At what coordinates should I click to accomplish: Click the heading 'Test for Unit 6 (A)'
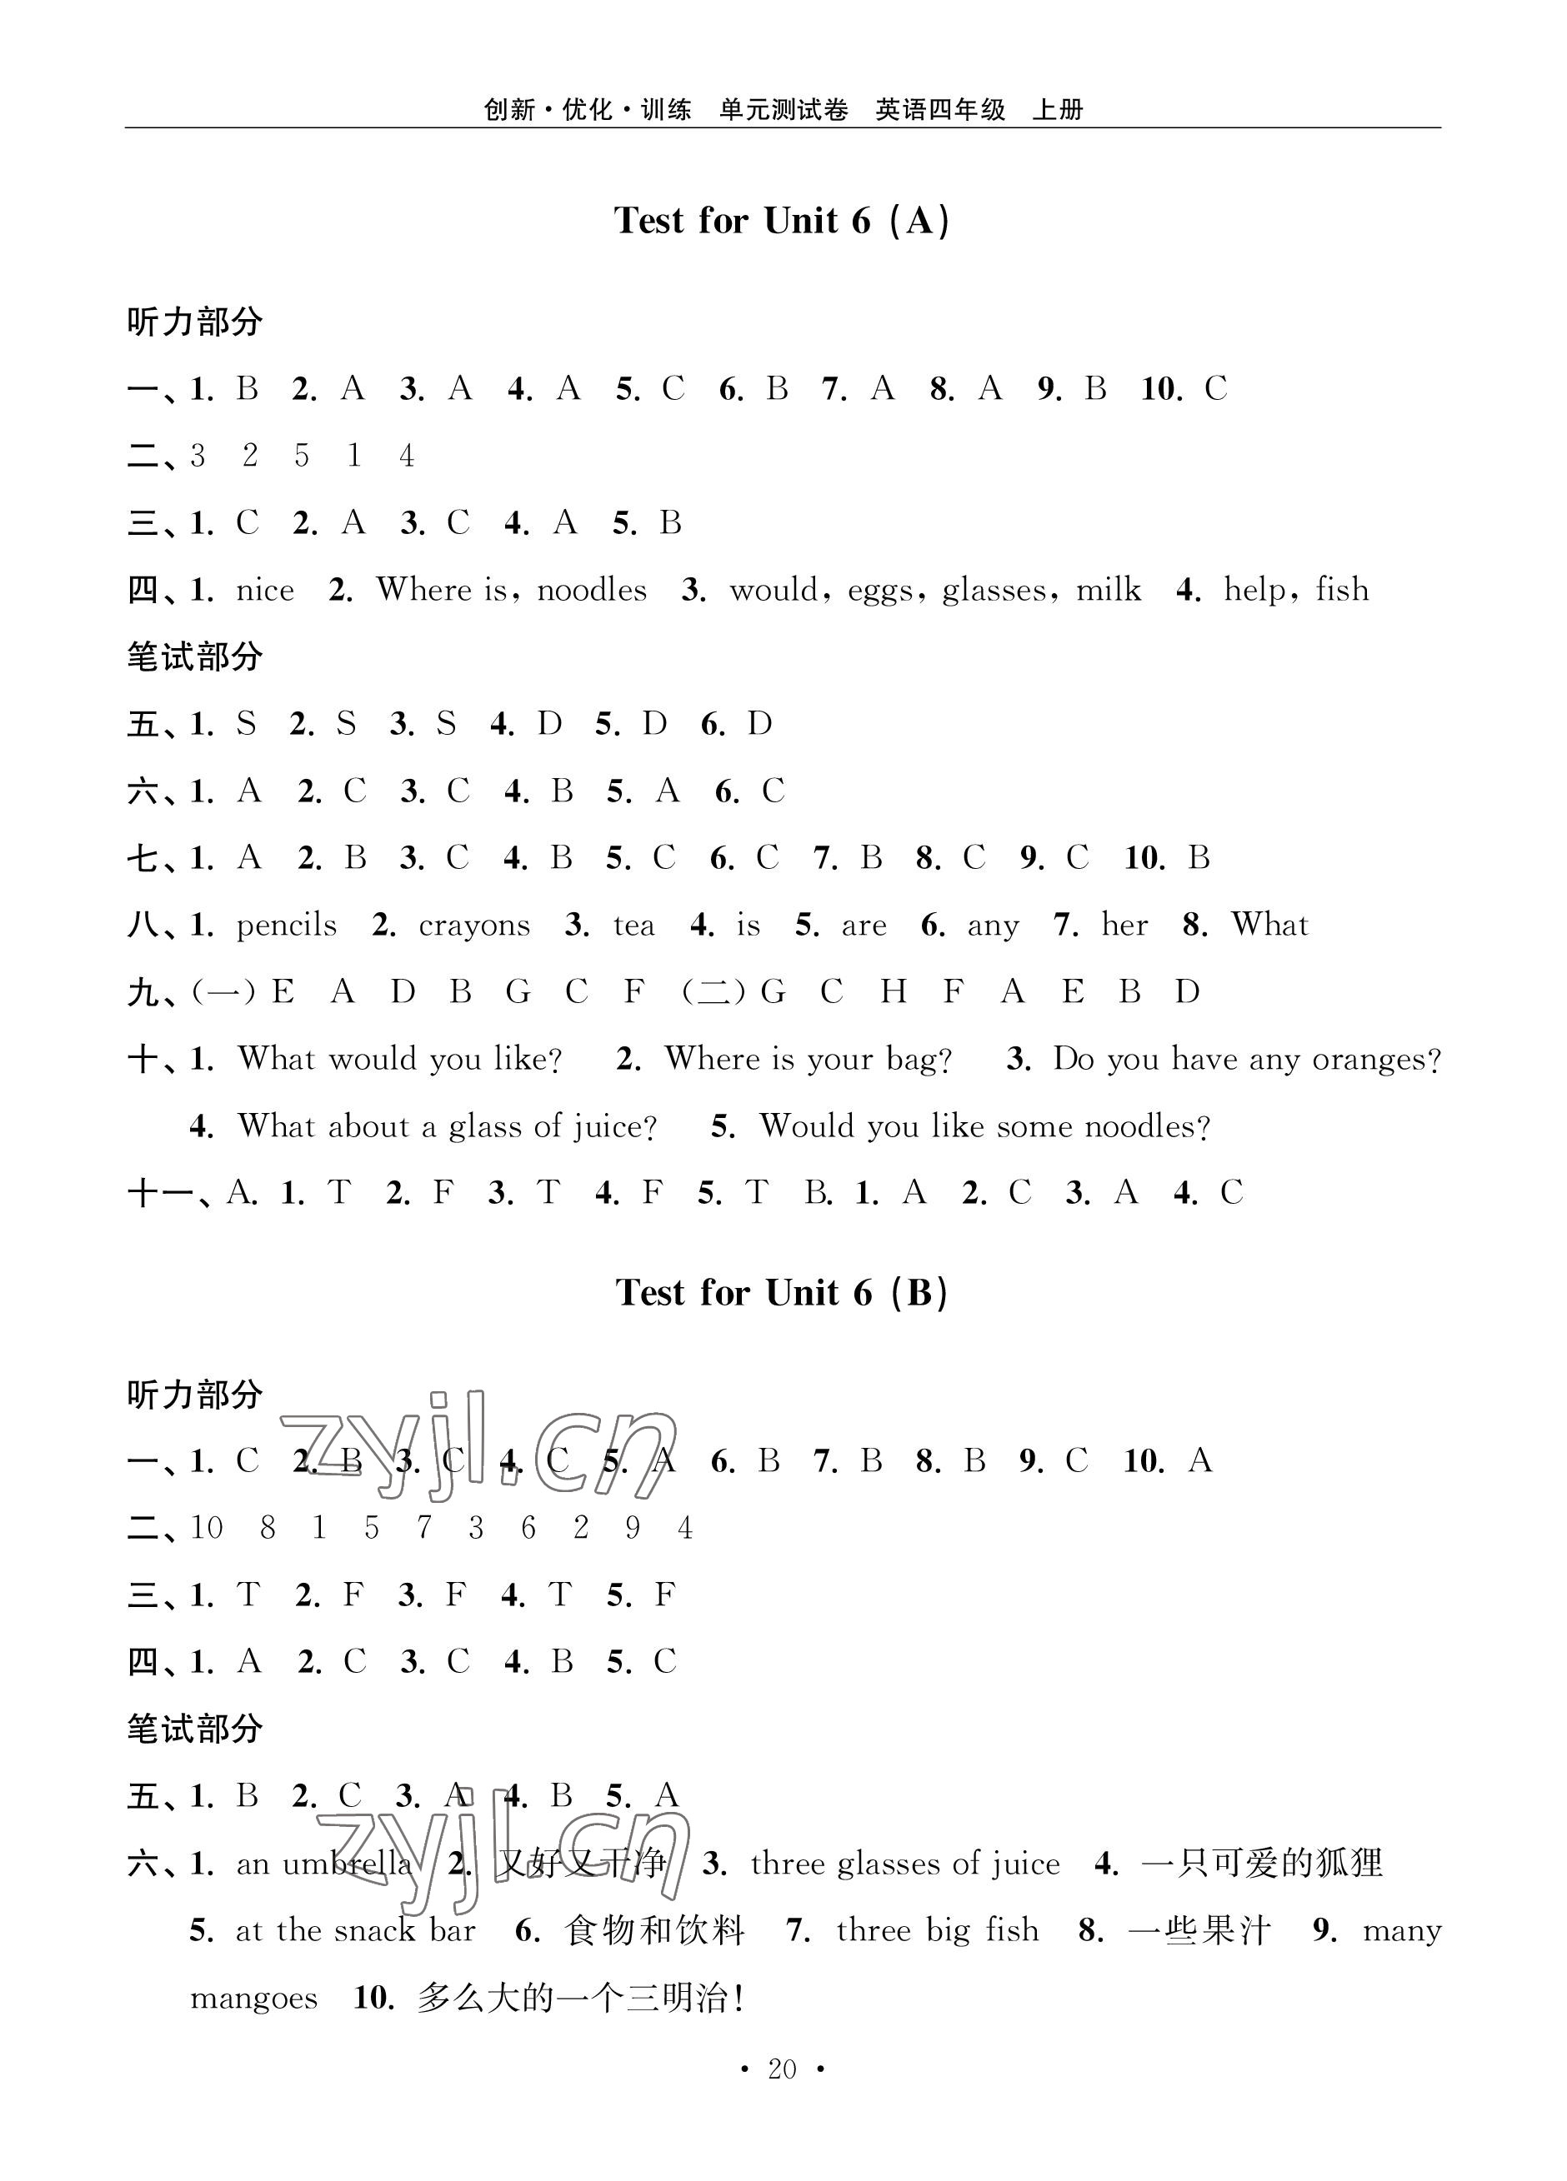[x=782, y=221]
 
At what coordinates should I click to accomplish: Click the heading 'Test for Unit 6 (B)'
[x=782, y=1294]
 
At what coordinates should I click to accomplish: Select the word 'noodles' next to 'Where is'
[x=592, y=591]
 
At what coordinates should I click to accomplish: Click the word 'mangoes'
[x=254, y=1999]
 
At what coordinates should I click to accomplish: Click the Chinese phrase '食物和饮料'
[x=655, y=1931]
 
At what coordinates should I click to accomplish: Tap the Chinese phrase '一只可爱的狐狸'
[x=1261, y=1864]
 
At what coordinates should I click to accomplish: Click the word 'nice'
[x=266, y=591]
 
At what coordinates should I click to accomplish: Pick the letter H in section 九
[x=893, y=992]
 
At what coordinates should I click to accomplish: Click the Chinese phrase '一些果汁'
[x=1199, y=1931]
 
